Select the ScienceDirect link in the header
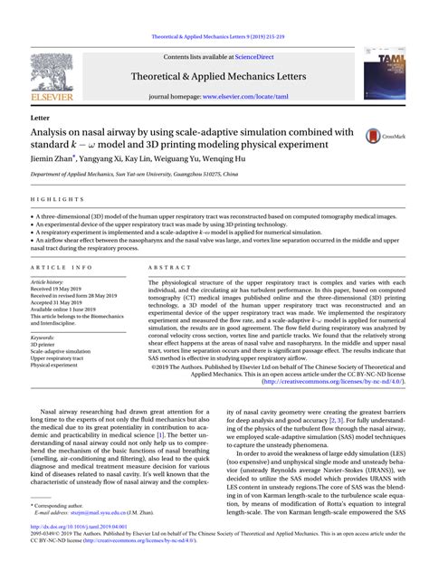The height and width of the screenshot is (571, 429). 260,57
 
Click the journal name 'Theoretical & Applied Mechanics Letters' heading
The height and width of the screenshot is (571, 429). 214,77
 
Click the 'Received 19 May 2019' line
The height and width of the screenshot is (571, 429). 64,289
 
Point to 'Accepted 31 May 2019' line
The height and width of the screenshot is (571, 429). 64,303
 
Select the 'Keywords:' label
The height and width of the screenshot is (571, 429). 43,338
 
